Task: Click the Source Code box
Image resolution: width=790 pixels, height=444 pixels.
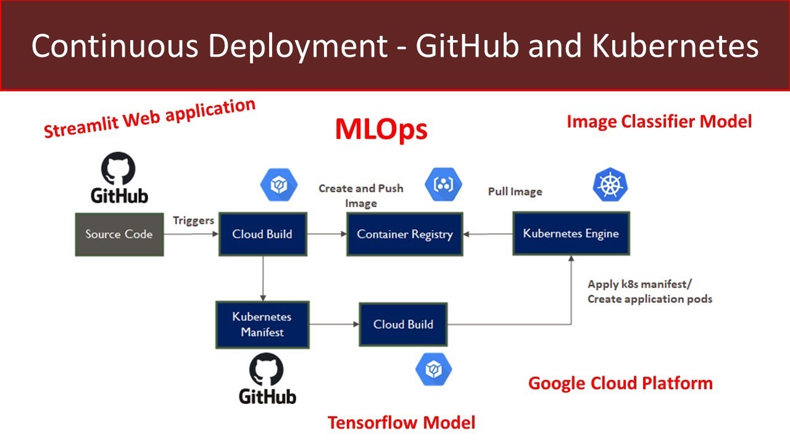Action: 119,234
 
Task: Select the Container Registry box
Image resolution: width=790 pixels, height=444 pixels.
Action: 404,234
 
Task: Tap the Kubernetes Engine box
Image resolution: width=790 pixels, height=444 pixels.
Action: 571,233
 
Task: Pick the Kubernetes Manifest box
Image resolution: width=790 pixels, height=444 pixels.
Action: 262,324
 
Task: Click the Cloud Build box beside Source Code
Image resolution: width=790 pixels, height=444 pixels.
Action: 262,234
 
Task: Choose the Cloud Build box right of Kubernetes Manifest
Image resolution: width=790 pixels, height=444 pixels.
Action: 403,324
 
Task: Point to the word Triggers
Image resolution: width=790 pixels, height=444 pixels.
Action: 193,220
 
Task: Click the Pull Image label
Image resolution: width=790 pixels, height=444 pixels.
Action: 515,192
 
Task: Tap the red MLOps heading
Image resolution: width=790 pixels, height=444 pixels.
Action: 381,129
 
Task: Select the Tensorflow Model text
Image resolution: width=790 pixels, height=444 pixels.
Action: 401,422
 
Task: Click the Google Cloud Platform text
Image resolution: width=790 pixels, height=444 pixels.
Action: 620,383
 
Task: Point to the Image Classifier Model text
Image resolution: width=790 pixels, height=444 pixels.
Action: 659,121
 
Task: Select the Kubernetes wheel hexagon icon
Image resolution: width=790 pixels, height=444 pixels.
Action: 610,186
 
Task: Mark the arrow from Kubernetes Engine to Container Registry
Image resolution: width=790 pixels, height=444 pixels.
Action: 488,234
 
